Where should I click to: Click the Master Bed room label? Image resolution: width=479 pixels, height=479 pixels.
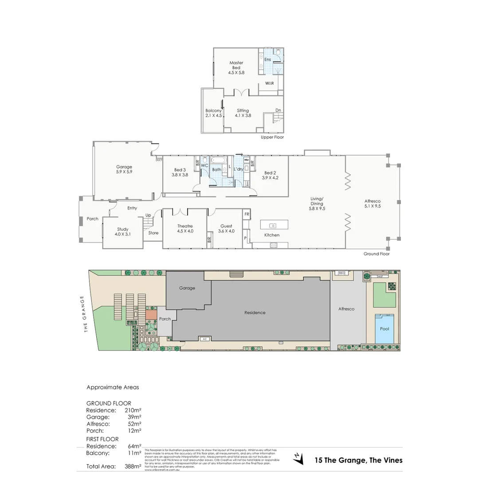click(236, 67)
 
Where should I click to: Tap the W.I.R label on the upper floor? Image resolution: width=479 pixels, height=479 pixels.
click(269, 83)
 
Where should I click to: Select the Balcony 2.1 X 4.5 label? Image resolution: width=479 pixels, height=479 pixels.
click(213, 113)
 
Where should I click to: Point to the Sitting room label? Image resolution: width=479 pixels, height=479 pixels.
click(243, 113)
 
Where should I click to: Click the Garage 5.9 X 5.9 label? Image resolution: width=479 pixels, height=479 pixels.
click(124, 169)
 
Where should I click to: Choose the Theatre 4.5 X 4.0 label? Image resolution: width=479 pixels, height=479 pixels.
click(185, 228)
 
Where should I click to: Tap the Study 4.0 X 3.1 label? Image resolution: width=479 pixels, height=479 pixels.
click(122, 232)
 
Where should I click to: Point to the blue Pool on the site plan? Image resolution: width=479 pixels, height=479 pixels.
click(384, 329)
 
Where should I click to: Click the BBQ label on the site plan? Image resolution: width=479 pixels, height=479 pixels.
click(342, 272)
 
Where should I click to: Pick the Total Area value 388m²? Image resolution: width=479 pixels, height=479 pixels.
click(133, 466)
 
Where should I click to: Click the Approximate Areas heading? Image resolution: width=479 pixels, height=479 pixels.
click(113, 387)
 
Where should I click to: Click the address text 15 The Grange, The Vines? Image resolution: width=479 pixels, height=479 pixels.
click(358, 460)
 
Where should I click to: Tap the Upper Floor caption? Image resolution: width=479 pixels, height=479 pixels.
click(272, 137)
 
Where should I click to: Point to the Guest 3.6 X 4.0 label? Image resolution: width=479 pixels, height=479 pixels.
click(226, 228)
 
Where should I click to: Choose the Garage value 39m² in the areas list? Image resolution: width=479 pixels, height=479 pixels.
click(134, 417)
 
